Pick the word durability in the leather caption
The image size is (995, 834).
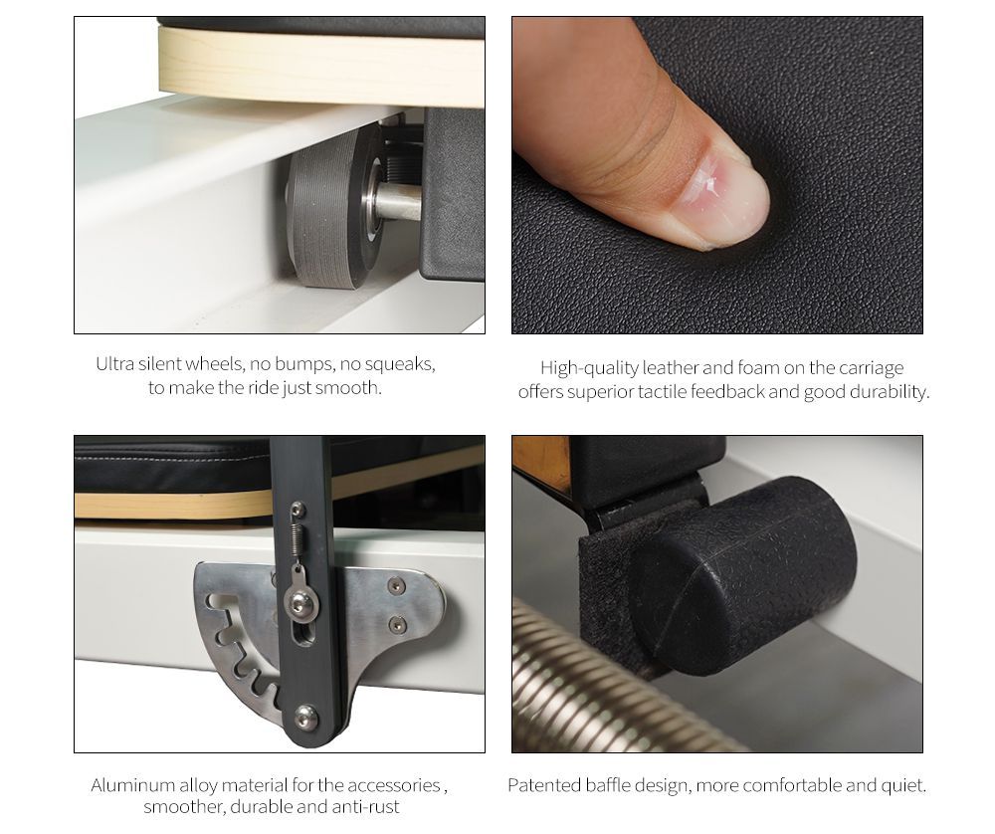coord(889,392)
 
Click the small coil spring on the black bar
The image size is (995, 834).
coord(296,539)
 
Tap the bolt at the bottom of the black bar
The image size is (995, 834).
coord(305,713)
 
